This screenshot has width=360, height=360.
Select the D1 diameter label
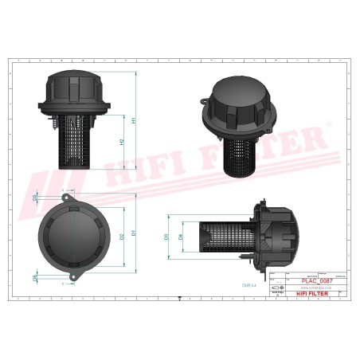[x=133, y=233]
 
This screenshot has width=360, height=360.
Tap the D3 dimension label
[x=166, y=237]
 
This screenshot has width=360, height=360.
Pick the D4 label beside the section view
[x=181, y=237]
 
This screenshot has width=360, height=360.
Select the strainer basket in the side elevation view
[x=76, y=143]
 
